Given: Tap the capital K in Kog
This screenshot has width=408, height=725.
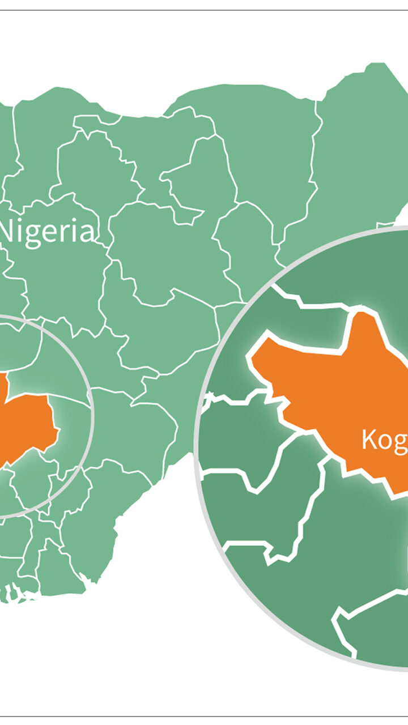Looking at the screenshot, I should pyautogui.click(x=369, y=440).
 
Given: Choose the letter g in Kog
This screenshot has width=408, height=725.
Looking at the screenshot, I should pyautogui.click(x=401, y=443).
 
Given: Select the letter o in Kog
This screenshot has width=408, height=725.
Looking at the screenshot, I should pyautogui.click(x=385, y=442).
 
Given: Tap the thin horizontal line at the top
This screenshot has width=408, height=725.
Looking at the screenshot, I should pyautogui.click(x=204, y=10).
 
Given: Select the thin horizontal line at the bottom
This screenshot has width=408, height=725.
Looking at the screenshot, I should pyautogui.click(x=204, y=716).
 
